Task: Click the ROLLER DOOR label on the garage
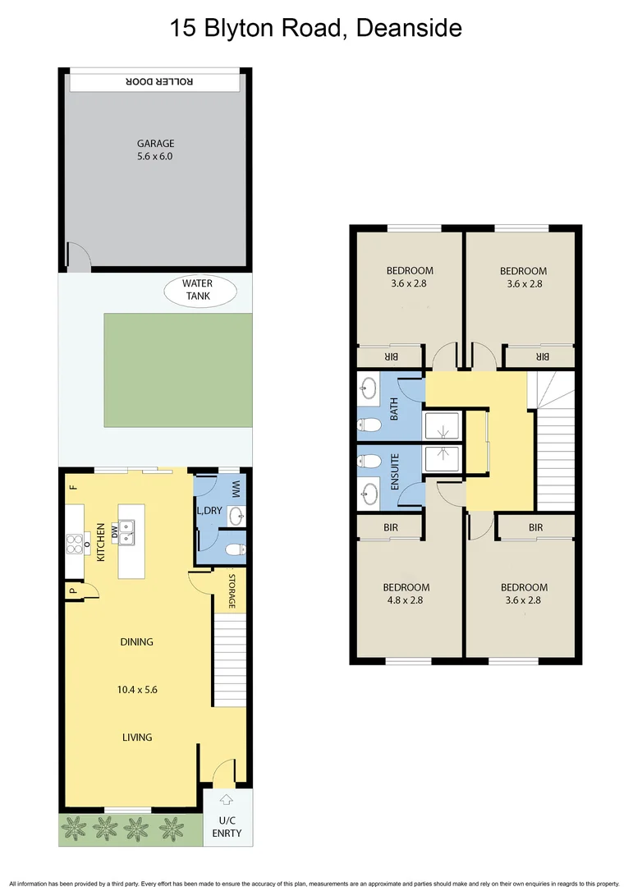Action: (x=155, y=81)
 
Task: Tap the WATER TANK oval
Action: (x=197, y=291)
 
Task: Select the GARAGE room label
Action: (x=155, y=143)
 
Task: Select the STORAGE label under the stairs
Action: (x=232, y=592)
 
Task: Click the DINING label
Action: (x=136, y=641)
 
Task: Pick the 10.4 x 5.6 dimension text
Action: (x=136, y=690)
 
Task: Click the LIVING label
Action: (x=137, y=738)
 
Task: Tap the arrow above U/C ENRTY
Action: (x=227, y=799)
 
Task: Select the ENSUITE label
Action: (x=393, y=472)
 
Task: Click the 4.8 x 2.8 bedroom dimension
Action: (x=406, y=600)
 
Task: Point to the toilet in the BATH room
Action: (x=369, y=425)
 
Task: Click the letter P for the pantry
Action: (x=72, y=591)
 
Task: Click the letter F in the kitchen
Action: (x=72, y=487)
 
